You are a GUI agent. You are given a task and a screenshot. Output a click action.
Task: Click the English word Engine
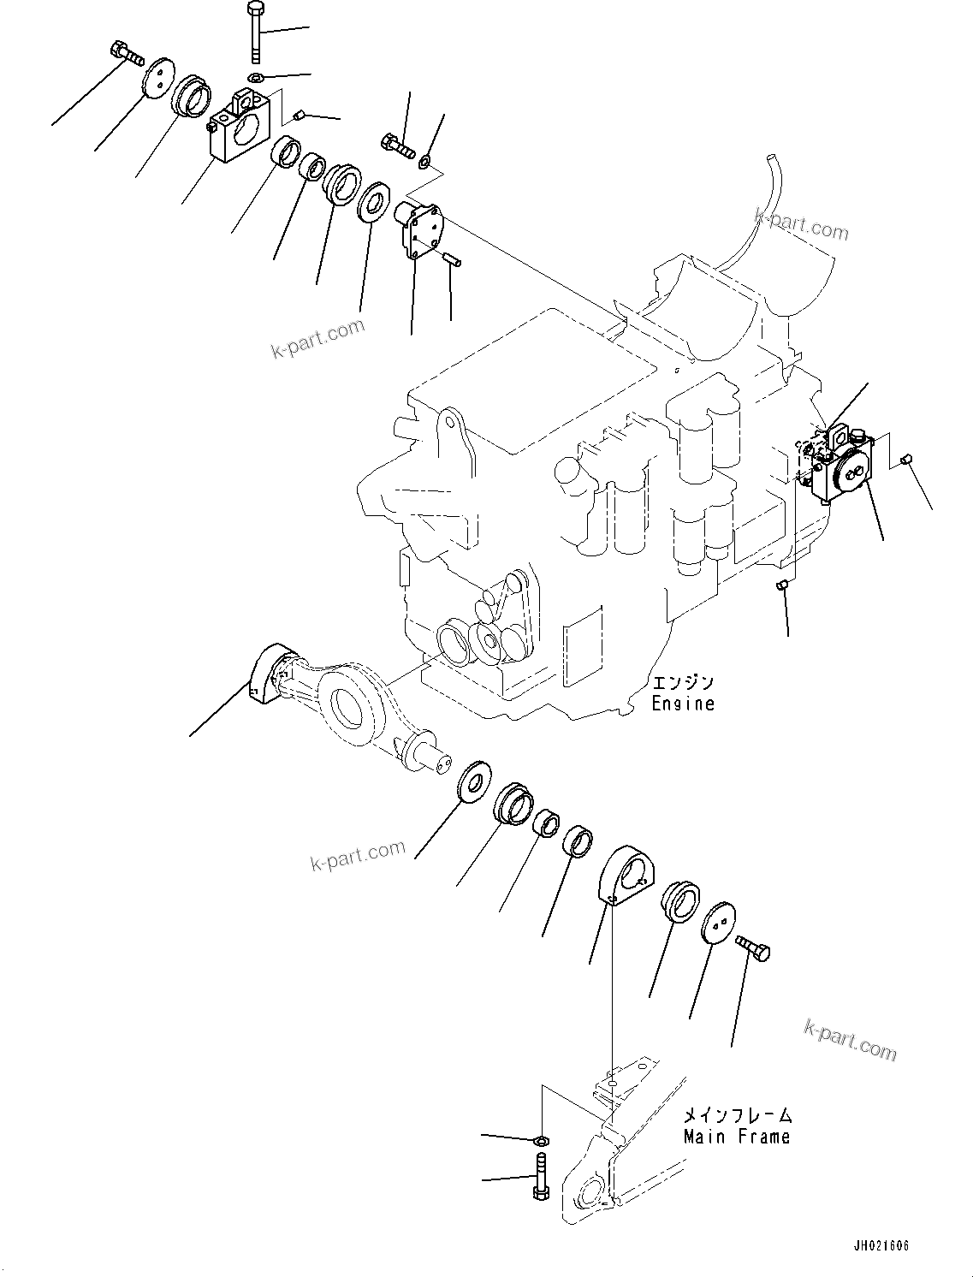click(682, 704)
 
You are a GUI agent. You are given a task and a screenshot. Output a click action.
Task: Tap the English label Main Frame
click(736, 1137)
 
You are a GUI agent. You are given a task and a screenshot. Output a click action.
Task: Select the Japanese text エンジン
click(682, 683)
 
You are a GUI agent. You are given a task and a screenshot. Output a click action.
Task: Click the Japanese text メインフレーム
click(737, 1115)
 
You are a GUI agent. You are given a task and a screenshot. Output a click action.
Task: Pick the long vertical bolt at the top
click(256, 33)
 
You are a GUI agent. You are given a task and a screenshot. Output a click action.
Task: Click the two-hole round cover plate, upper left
click(156, 79)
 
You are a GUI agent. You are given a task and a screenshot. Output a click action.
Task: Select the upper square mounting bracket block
click(240, 128)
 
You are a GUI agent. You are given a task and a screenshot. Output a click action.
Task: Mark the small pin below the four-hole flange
click(453, 258)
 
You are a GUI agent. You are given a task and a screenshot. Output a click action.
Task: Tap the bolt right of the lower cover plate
click(753, 948)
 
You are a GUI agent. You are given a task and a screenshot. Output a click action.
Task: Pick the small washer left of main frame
click(540, 1141)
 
